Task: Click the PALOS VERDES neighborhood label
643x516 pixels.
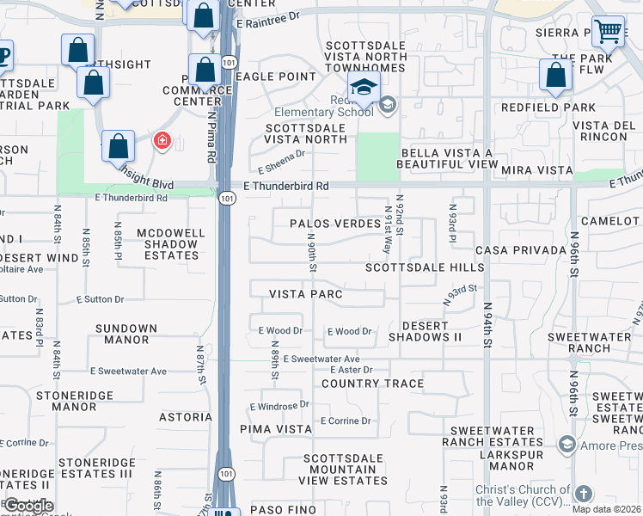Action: [334, 224]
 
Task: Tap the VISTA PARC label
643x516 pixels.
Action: [306, 294]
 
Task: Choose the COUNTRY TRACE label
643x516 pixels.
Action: [372, 384]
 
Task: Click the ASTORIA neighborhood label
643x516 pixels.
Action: [185, 417]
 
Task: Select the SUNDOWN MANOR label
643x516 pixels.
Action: [126, 335]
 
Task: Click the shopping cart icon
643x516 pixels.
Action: [608, 32]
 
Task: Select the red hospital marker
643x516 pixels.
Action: [161, 140]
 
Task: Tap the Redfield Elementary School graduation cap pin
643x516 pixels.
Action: [364, 87]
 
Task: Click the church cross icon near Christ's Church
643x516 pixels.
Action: [583, 494]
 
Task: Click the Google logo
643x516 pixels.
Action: [28, 506]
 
